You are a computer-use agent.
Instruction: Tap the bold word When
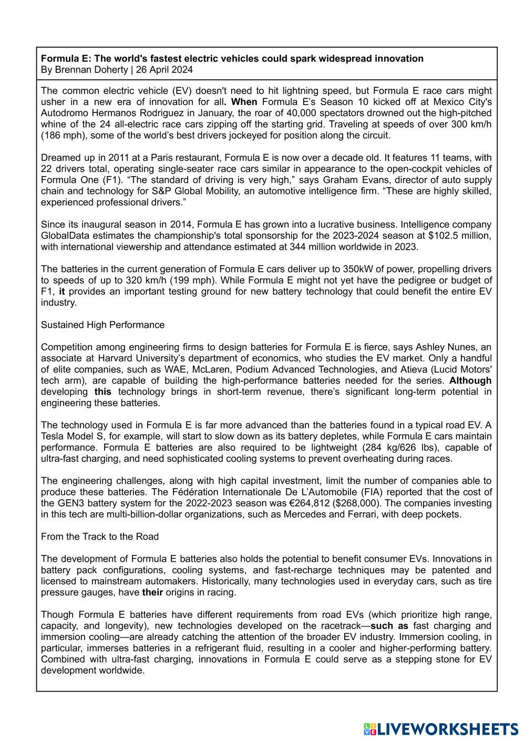pos(244,102)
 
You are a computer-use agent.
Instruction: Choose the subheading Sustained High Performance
pos(102,325)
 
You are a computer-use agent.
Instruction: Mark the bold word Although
pos(470,380)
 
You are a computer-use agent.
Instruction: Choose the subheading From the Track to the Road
pos(100,537)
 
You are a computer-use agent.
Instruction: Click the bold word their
pos(152,592)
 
